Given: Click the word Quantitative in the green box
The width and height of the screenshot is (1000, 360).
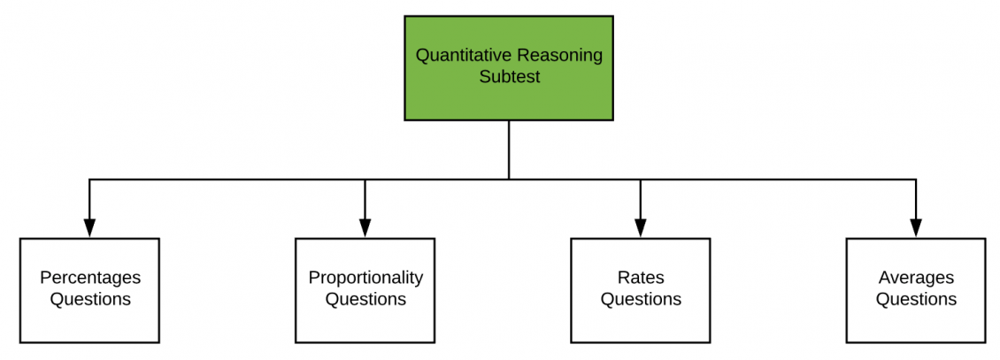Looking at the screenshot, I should tap(458, 56).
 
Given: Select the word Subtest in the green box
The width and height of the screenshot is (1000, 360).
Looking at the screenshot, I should tap(509, 77).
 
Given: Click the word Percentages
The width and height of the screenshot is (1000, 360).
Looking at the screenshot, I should tap(90, 278).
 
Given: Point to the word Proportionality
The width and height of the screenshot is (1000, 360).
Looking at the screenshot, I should tap(365, 278).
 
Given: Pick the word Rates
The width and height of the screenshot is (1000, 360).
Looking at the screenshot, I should tap(641, 278).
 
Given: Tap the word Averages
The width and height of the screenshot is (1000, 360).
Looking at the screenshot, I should tap(916, 278).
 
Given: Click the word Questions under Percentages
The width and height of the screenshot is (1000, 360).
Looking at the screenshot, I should tap(90, 299).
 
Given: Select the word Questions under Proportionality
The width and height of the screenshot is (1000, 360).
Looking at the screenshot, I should tap(365, 299).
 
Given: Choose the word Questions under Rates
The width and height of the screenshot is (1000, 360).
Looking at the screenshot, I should tap(641, 299).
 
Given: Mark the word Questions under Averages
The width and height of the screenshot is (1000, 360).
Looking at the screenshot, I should tap(916, 299).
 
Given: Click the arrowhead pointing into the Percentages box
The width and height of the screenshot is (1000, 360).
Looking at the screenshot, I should tap(89, 229).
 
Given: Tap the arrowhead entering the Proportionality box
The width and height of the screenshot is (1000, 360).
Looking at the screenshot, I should tap(365, 229).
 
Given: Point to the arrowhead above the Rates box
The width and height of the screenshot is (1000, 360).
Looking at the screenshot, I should tap(640, 229).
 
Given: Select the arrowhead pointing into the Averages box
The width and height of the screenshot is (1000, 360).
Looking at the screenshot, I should tap(916, 229).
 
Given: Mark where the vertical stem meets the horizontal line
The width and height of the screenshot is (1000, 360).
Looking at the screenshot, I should tap(509, 180).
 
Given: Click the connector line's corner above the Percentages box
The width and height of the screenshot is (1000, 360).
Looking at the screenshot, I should tap(89, 180).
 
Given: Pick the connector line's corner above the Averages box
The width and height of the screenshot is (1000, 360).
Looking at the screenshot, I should tap(916, 180).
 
